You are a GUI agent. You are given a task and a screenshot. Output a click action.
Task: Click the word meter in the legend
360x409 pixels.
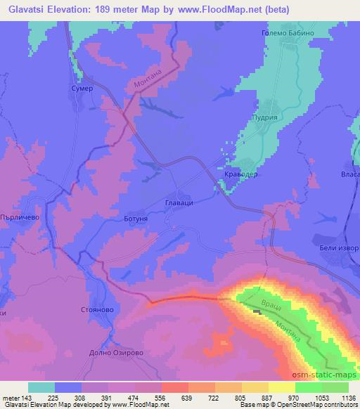[x=11, y=397]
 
